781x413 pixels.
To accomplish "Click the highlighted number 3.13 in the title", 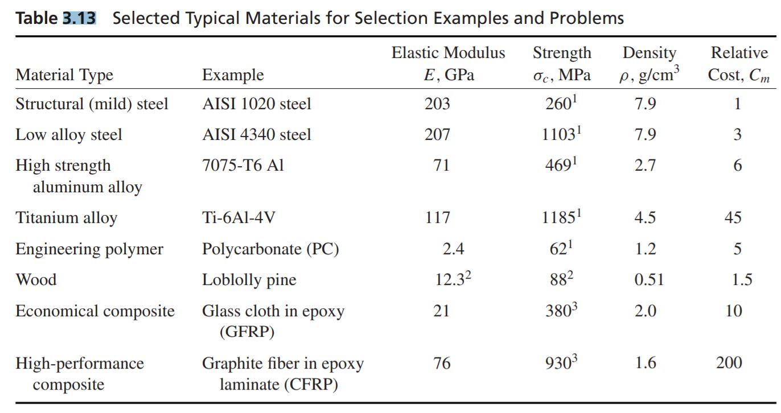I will pyautogui.click(x=79, y=18).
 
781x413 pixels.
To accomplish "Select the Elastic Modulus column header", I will pyautogui.click(x=448, y=64).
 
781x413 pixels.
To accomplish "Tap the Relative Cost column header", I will pyautogui.click(x=739, y=64).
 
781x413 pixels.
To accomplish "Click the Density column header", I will pyautogui.click(x=649, y=64).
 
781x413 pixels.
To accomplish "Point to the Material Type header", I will pyautogui.click(x=64, y=75).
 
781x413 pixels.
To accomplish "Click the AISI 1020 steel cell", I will pyautogui.click(x=256, y=104).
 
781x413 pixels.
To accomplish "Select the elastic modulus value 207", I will pyautogui.click(x=437, y=135).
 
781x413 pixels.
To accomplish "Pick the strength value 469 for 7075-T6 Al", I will pyautogui.click(x=561, y=166).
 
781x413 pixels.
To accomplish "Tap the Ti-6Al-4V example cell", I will pyautogui.click(x=239, y=218).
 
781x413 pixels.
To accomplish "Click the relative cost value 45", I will pyautogui.click(x=733, y=218).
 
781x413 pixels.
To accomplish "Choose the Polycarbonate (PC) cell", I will pyautogui.click(x=270, y=249).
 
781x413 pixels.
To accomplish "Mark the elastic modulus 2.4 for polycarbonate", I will pyautogui.click(x=453, y=249).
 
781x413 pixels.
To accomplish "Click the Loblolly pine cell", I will pyautogui.click(x=249, y=280).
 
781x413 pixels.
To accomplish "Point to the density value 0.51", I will pyautogui.click(x=649, y=280).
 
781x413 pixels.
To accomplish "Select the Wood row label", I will pyautogui.click(x=36, y=280).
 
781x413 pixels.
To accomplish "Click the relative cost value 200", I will pyautogui.click(x=729, y=363).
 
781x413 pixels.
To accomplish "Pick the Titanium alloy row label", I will pyautogui.click(x=66, y=218).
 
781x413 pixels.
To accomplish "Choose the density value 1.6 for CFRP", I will pyautogui.click(x=646, y=363).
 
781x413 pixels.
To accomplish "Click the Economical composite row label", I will pyautogui.click(x=94, y=311).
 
